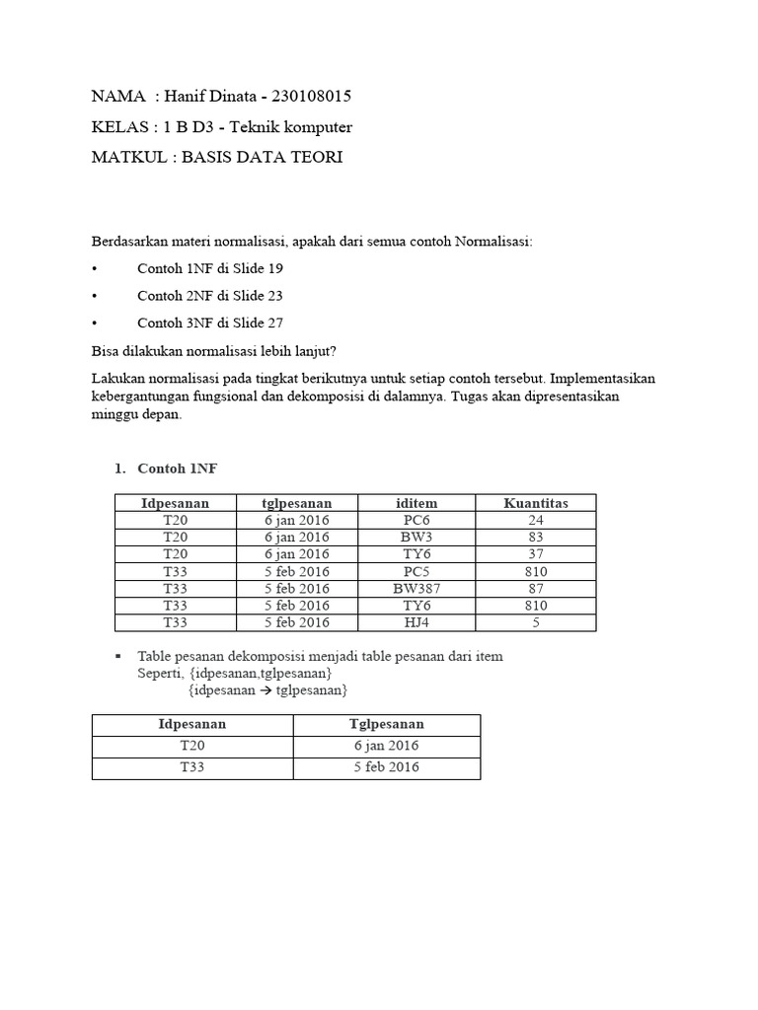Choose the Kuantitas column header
(x=536, y=503)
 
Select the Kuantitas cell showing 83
(x=536, y=537)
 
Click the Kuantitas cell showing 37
(x=536, y=554)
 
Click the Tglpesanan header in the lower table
(x=387, y=724)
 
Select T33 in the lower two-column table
(x=192, y=767)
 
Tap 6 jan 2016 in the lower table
(x=387, y=746)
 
